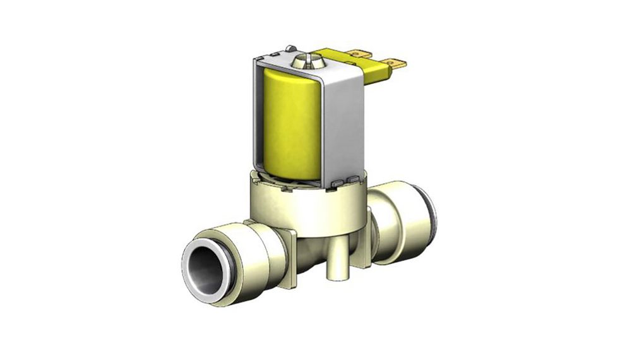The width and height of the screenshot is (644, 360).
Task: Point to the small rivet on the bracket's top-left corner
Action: [x=290, y=48]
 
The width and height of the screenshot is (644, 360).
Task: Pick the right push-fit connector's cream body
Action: [x=398, y=218]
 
